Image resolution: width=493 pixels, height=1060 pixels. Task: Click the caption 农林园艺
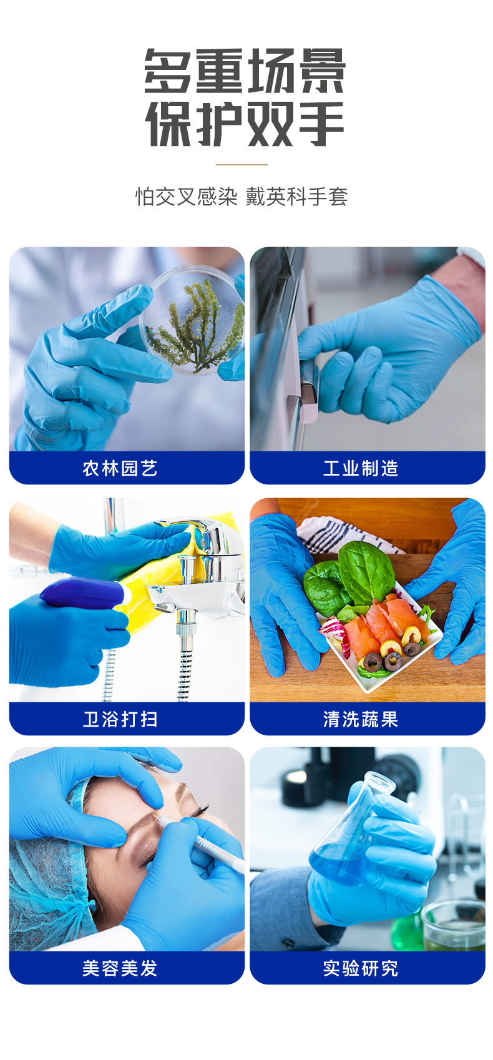pyautogui.click(x=120, y=468)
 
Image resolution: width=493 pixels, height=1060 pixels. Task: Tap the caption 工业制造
pyautogui.click(x=361, y=468)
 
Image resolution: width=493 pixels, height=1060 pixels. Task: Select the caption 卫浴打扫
pyautogui.click(x=120, y=719)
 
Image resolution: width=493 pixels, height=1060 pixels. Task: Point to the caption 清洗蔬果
pyautogui.click(x=361, y=719)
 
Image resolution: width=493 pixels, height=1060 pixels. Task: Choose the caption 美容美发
pyautogui.click(x=120, y=968)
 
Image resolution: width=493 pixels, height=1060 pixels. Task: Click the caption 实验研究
pyautogui.click(x=361, y=968)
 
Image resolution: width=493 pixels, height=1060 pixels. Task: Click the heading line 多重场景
pyautogui.click(x=245, y=71)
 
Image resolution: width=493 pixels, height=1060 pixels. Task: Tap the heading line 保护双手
pyautogui.click(x=245, y=124)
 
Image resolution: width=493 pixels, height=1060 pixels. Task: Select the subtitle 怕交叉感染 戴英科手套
pyautogui.click(x=242, y=197)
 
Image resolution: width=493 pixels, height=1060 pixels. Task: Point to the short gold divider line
pyautogui.click(x=242, y=165)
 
